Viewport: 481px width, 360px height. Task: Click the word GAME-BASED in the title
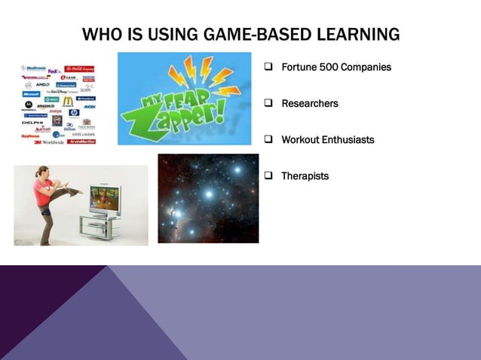(235, 35)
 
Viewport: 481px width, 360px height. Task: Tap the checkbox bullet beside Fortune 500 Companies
(268, 68)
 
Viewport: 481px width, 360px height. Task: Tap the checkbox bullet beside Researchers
(268, 104)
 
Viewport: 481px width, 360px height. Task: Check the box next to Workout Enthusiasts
(268, 140)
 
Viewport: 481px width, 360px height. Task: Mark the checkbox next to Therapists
(268, 176)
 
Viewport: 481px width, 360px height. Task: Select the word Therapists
(305, 176)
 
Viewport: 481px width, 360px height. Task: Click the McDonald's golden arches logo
(68, 101)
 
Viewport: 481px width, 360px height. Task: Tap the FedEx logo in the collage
(54, 72)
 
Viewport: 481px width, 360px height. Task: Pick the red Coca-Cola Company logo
(79, 69)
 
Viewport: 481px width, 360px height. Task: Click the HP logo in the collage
(74, 113)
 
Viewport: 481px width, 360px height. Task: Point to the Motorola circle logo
(29, 105)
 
